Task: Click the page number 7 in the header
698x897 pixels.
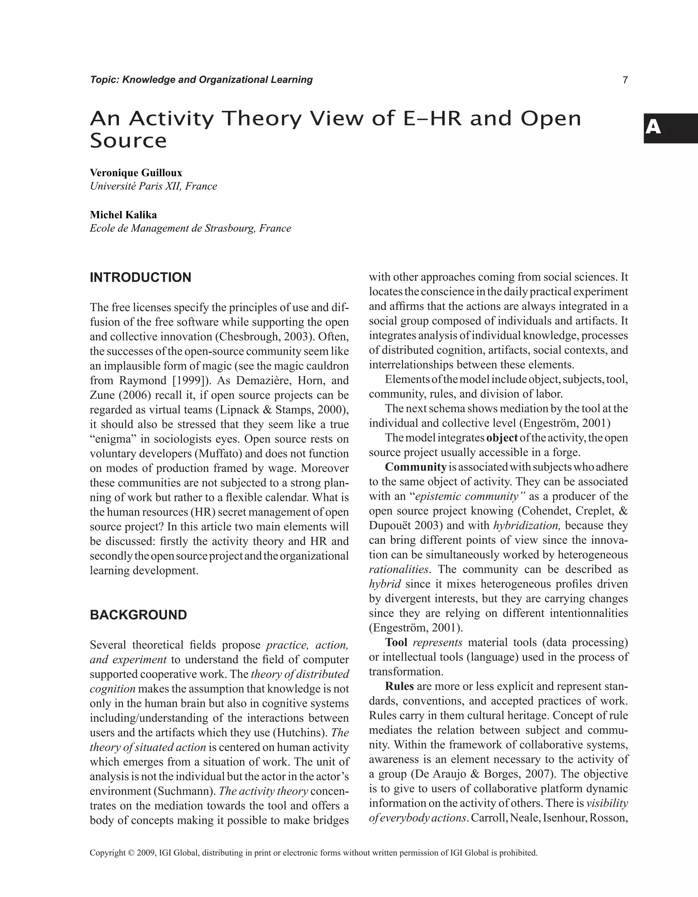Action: click(625, 80)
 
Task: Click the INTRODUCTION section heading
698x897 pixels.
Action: click(140, 278)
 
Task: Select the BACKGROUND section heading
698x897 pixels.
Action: click(138, 615)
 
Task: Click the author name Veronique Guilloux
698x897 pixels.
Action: click(136, 173)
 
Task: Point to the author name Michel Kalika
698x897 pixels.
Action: click(123, 215)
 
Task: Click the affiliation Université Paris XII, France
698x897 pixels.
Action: click(153, 186)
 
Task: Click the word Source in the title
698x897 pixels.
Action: click(128, 141)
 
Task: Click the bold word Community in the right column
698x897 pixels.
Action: click(415, 467)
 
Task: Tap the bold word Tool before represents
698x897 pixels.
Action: click(396, 643)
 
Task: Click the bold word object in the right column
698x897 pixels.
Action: click(502, 438)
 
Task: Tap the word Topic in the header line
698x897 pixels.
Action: click(104, 80)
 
